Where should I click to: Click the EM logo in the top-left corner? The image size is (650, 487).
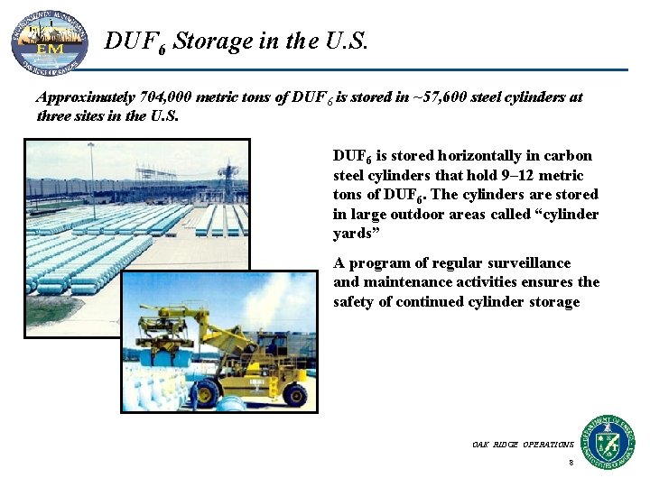(x=49, y=41)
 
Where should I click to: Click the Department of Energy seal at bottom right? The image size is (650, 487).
(x=608, y=441)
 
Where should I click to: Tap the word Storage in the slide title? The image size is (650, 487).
(x=212, y=41)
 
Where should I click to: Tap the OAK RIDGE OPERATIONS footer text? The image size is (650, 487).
(x=522, y=445)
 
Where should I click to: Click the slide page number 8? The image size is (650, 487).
(x=571, y=463)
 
